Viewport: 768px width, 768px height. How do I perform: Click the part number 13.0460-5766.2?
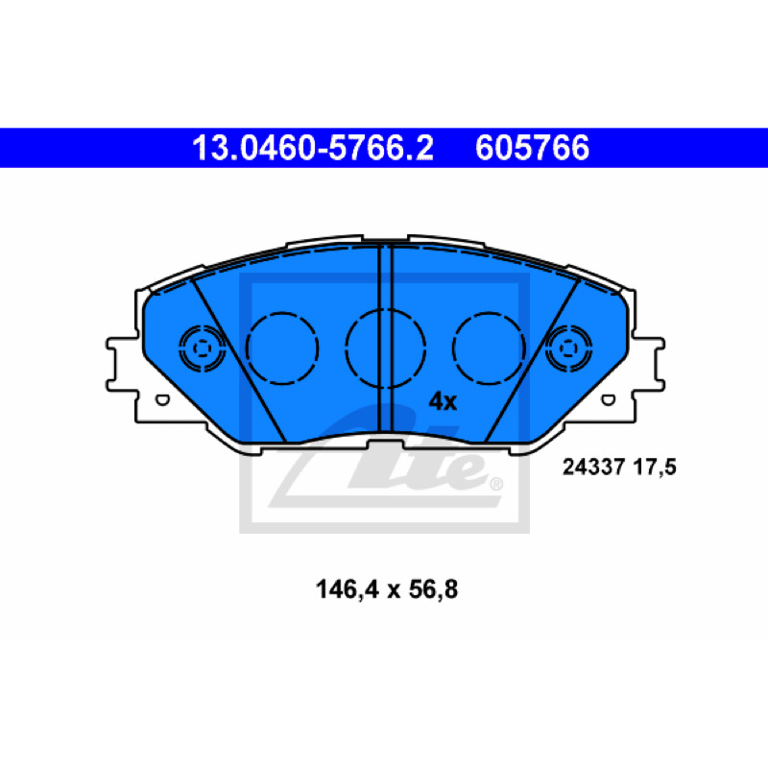[x=313, y=148]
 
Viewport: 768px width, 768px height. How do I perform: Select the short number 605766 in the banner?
[x=532, y=148]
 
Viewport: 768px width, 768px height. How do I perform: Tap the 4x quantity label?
[x=443, y=401]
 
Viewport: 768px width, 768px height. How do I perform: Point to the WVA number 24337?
[x=594, y=467]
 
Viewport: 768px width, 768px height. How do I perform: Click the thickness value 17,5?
[x=655, y=468]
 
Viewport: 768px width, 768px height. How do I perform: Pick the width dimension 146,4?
[x=348, y=589]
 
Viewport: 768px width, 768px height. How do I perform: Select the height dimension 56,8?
[x=434, y=589]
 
